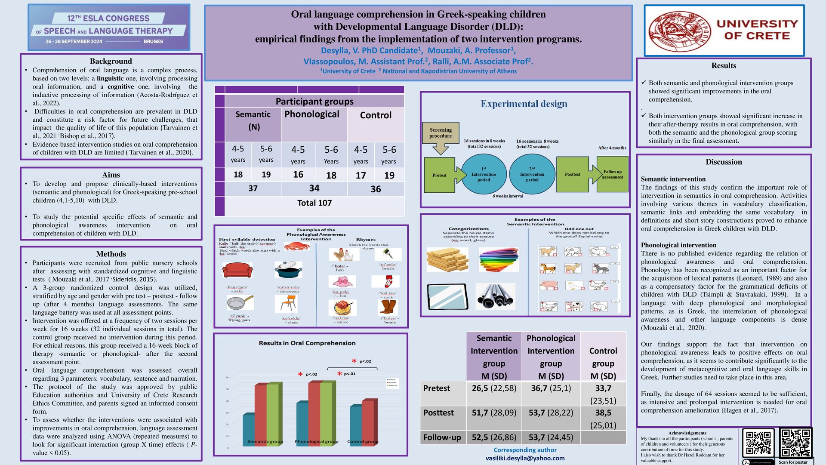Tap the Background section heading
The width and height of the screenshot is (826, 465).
(x=111, y=61)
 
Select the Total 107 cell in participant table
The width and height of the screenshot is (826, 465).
(x=314, y=203)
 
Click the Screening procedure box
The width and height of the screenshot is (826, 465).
(x=441, y=133)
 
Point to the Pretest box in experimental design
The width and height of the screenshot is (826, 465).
(x=440, y=175)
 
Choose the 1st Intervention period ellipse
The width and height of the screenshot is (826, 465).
(x=484, y=175)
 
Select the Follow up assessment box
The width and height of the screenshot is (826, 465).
(x=612, y=174)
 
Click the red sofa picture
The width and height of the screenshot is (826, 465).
(x=237, y=270)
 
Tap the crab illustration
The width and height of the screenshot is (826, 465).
(x=297, y=246)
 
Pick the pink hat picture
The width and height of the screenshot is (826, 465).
(x=342, y=282)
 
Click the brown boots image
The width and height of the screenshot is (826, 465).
(x=388, y=308)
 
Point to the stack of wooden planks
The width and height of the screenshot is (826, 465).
(x=447, y=259)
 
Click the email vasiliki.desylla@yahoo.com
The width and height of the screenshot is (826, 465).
(x=525, y=458)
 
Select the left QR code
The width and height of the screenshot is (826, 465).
(x=758, y=443)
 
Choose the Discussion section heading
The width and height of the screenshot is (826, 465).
(x=724, y=162)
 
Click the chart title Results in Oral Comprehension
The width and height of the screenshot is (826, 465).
(x=307, y=343)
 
